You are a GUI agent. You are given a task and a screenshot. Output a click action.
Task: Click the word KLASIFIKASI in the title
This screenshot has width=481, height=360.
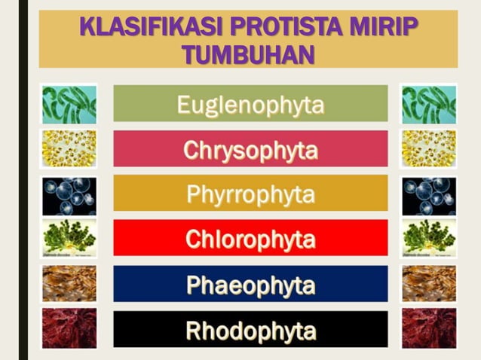click(144, 27)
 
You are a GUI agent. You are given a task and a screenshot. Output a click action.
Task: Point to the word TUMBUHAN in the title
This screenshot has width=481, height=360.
click(248, 54)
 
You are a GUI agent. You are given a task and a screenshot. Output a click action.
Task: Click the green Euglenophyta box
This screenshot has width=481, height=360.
click(250, 104)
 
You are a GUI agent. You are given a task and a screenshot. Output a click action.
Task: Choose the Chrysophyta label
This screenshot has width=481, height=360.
click(250, 149)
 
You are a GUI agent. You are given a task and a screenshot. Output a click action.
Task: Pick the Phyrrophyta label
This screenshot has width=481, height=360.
click(250, 194)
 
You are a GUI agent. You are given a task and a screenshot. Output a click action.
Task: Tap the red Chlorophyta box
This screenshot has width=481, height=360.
click(250, 239)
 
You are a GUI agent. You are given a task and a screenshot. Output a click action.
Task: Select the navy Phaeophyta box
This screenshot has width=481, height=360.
click(250, 284)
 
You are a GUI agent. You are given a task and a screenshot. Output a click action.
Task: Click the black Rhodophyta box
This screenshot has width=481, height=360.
click(250, 329)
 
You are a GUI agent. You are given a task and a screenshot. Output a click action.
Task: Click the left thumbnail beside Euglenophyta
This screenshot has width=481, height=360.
click(69, 104)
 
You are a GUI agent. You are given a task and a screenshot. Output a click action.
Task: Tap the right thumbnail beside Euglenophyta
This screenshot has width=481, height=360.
click(429, 104)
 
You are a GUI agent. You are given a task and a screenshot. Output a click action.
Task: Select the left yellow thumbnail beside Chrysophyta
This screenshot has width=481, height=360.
click(69, 148)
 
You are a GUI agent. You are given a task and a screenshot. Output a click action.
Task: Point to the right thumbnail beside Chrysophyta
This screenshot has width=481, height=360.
click(429, 148)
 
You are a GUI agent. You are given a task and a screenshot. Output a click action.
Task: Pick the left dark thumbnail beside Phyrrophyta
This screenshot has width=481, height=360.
click(69, 195)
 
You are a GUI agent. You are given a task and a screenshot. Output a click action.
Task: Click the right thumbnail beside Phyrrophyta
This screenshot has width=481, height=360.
click(429, 195)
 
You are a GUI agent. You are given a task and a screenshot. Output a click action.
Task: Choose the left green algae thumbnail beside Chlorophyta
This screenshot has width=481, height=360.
click(69, 238)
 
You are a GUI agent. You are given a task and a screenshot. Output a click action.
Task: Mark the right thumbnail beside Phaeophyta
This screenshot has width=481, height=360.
click(429, 284)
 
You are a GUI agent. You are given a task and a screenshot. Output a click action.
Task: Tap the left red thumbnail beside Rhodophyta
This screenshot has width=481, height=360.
click(69, 328)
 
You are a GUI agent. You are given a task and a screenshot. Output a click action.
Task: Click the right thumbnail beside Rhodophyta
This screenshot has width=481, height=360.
click(429, 328)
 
